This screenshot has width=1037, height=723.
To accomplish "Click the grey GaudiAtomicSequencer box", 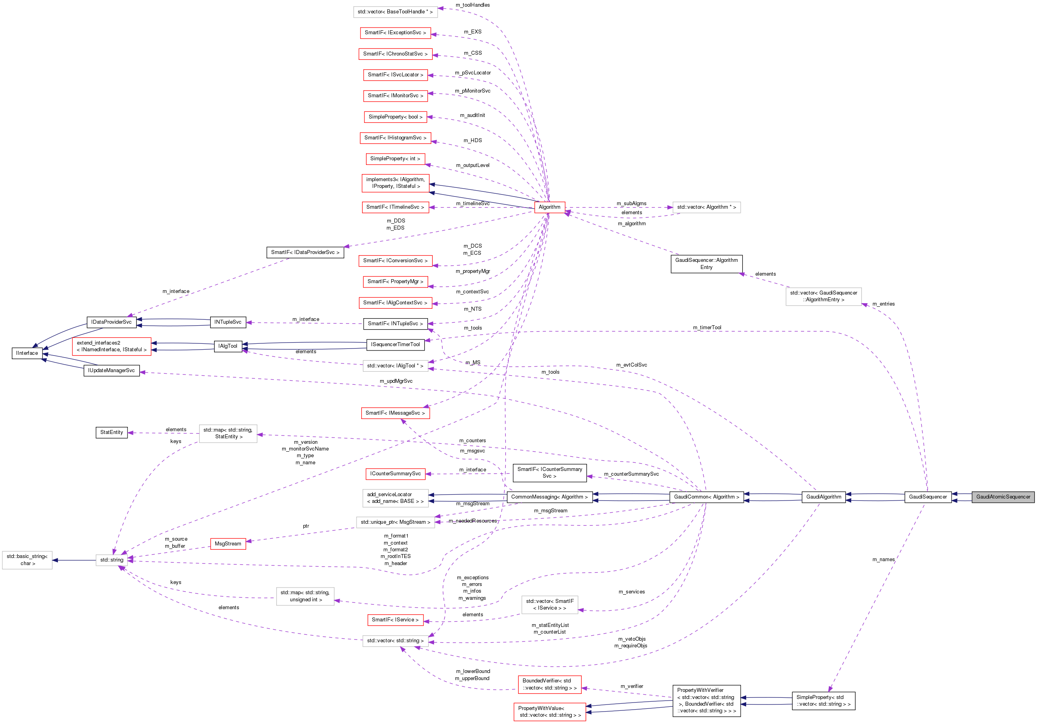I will [x=1003, y=497].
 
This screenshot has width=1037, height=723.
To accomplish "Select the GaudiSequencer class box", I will [x=928, y=497].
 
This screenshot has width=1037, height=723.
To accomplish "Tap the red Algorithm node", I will [x=549, y=207].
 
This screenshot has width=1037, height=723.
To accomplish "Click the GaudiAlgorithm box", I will [x=823, y=497].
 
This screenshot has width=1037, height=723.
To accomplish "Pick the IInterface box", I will [x=27, y=353].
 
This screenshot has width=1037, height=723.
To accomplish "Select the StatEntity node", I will [x=111, y=432].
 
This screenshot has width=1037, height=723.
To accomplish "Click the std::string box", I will [x=111, y=560].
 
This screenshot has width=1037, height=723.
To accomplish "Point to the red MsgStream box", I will [x=227, y=543].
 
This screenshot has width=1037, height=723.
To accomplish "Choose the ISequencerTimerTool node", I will [x=395, y=344].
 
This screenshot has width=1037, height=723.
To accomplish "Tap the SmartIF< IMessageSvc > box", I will [x=395, y=413].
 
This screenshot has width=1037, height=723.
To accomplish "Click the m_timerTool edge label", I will [x=707, y=328].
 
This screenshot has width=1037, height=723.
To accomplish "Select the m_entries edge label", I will [x=883, y=304].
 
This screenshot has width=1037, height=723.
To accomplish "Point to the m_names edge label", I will [x=883, y=560].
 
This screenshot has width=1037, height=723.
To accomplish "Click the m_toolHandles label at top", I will [x=472, y=5].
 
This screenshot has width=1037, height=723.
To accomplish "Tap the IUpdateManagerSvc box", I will [x=111, y=371].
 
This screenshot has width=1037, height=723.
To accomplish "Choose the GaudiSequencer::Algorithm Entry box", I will [x=706, y=263].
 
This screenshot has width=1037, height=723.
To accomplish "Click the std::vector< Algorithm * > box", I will [x=706, y=207].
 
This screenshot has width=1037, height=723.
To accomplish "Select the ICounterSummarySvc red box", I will [x=395, y=474].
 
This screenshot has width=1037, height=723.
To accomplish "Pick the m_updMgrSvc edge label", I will [x=396, y=381].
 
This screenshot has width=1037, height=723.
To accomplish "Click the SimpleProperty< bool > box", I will [x=395, y=117].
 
